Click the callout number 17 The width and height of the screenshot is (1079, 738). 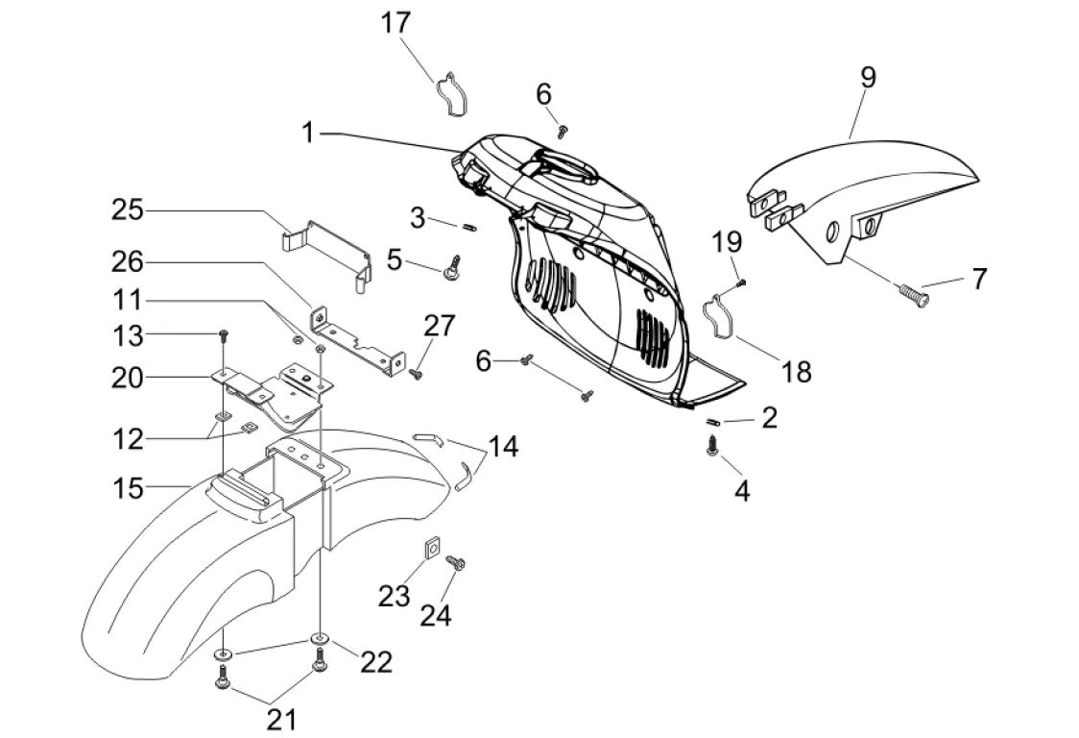396,23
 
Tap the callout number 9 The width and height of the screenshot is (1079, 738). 868,78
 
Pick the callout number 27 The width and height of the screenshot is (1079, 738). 439,326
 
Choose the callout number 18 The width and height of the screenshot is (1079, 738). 797,371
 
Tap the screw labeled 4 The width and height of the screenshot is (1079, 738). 713,446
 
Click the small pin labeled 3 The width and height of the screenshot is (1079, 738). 469,227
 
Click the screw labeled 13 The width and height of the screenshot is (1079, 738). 224,335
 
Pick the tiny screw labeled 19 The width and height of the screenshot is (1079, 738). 741,283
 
